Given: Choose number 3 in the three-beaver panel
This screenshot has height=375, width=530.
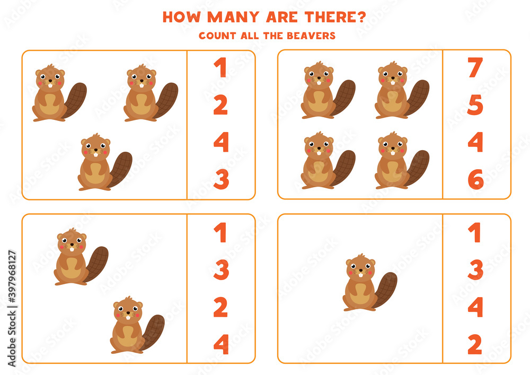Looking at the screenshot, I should click(221, 180).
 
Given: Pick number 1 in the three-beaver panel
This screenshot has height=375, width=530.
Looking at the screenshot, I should click(220, 68).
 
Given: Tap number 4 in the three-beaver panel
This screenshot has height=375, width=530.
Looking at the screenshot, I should click(221, 142).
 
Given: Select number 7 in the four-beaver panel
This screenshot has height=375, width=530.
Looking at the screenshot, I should click(475, 68).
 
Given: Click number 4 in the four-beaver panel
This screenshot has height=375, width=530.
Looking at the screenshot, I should click(475, 142).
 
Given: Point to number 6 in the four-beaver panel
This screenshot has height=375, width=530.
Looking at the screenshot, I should click(475, 180).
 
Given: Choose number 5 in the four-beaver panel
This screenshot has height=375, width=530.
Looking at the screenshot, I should click(475, 105).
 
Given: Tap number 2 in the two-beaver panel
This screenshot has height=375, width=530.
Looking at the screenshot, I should click(221, 307).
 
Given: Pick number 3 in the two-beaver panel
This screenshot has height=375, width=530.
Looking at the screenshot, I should click(221, 269).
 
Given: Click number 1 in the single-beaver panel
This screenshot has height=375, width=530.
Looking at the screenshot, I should click(475, 232).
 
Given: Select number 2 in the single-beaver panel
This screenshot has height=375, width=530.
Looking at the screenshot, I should click(475, 344).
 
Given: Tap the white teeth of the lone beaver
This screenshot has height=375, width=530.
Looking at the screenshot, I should click(360, 274).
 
